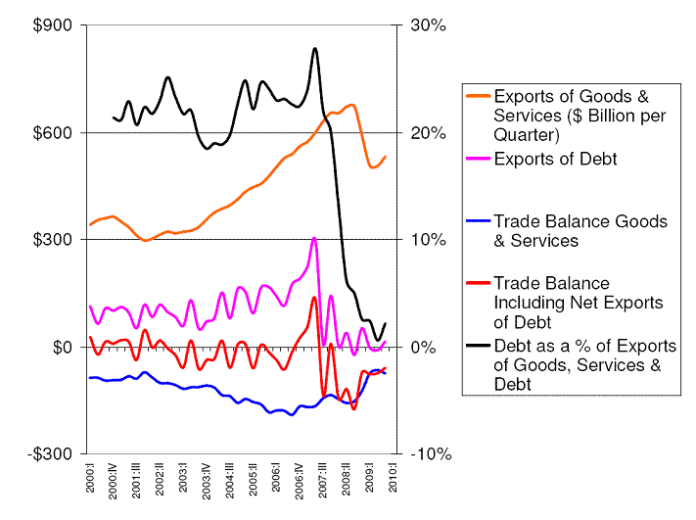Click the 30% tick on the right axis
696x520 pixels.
point(427,25)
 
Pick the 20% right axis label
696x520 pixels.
point(427,132)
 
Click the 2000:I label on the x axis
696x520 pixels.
point(91,483)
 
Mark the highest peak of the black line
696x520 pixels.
point(314,48)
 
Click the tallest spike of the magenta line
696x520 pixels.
point(314,238)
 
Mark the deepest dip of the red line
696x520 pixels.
point(353,408)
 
